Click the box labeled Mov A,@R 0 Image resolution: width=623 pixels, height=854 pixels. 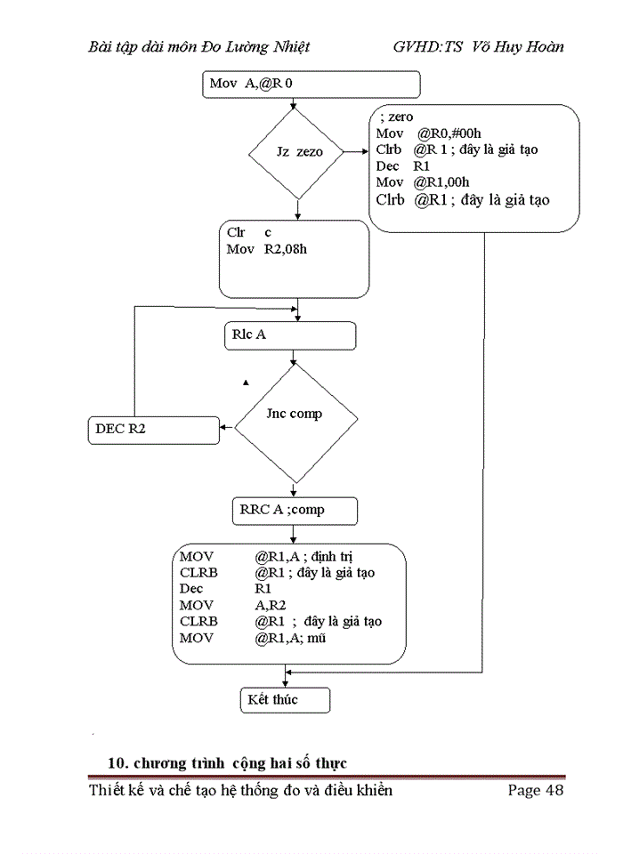(x=311, y=85)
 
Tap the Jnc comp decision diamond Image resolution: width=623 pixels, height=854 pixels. (x=295, y=415)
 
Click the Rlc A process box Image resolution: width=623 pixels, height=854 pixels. (x=290, y=335)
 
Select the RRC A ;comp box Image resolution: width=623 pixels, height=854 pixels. (x=294, y=511)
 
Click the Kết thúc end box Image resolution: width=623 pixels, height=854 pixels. (x=285, y=700)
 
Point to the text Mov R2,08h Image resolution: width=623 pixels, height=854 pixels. (x=267, y=249)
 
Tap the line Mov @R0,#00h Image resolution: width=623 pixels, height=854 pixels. (x=423, y=133)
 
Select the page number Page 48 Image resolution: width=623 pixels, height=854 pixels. (x=536, y=791)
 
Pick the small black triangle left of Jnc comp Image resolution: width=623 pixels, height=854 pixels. (x=246, y=383)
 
